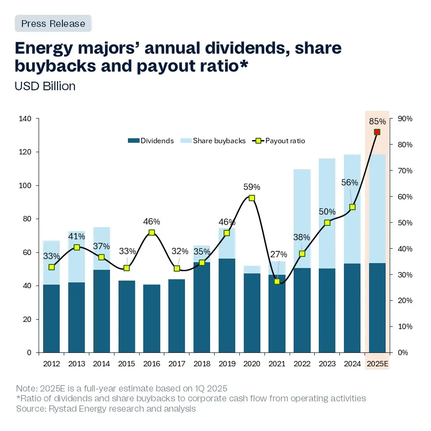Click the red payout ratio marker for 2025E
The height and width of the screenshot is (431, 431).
(377, 132)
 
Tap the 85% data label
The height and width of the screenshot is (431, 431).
(377, 121)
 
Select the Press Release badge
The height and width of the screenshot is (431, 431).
(53, 23)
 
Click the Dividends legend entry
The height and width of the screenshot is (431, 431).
(151, 141)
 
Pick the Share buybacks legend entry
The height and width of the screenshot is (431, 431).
(214, 141)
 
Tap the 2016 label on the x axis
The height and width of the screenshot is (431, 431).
(152, 364)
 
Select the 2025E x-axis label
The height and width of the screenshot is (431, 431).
(377, 364)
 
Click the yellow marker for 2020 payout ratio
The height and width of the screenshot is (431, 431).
(252, 198)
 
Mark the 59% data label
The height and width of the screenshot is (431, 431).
(252, 187)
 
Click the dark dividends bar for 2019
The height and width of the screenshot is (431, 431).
(227, 305)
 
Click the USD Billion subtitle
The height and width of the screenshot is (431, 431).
(45, 86)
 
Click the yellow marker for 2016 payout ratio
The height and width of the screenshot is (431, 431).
(152, 233)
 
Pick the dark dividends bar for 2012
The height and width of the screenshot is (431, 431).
(51, 318)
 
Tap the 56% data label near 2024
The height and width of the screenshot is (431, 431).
(350, 182)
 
